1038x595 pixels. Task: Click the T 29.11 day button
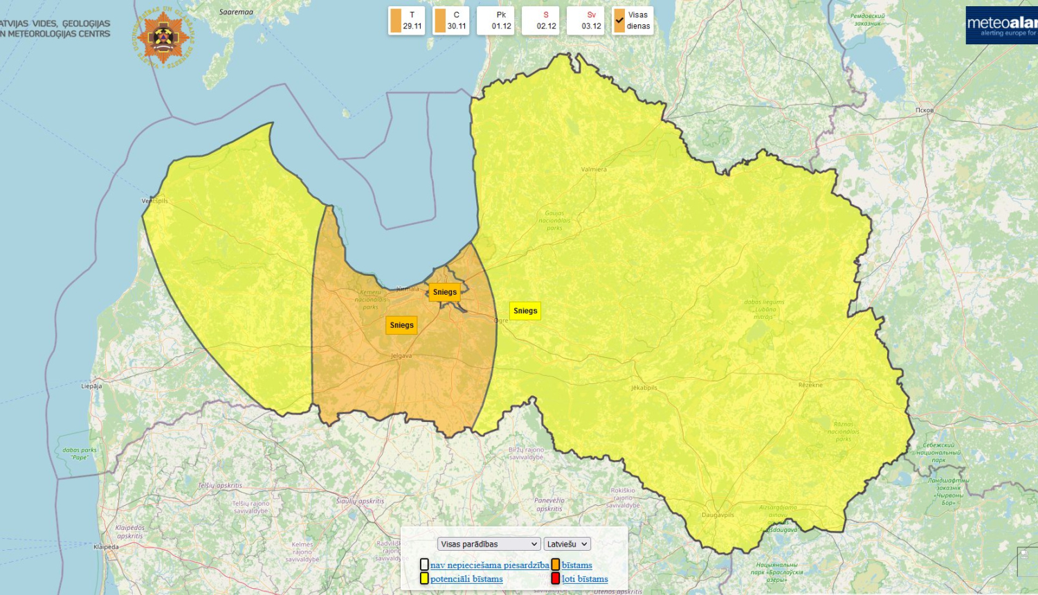tap(406, 21)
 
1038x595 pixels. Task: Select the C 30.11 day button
tap(451, 21)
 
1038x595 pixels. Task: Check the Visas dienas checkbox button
tap(632, 21)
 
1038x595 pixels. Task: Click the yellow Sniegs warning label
tap(525, 311)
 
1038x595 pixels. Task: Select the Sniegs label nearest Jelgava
tap(401, 325)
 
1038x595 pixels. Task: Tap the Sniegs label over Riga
tap(444, 292)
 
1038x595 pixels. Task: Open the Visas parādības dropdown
tap(489, 544)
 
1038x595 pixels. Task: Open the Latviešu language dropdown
tap(567, 544)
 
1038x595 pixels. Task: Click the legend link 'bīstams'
tap(576, 565)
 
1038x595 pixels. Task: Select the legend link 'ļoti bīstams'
tap(585, 579)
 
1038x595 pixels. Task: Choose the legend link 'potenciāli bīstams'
tap(466, 579)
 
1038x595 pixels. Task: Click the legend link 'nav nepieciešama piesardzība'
tap(489, 565)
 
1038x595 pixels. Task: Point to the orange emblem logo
tap(163, 37)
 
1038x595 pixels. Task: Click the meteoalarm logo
tap(1001, 26)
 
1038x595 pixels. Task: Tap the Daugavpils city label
tap(718, 515)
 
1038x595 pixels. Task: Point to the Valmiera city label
tap(594, 169)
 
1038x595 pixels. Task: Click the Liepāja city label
tap(91, 386)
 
